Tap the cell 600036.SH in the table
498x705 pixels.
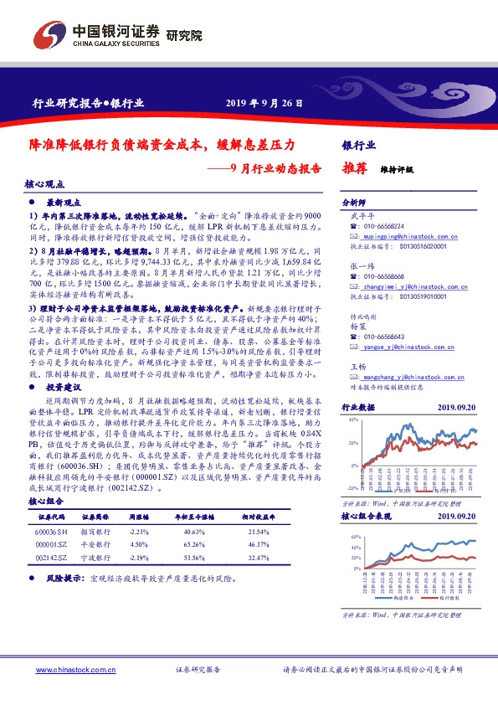point(53,533)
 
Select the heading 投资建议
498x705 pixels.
point(64,389)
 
